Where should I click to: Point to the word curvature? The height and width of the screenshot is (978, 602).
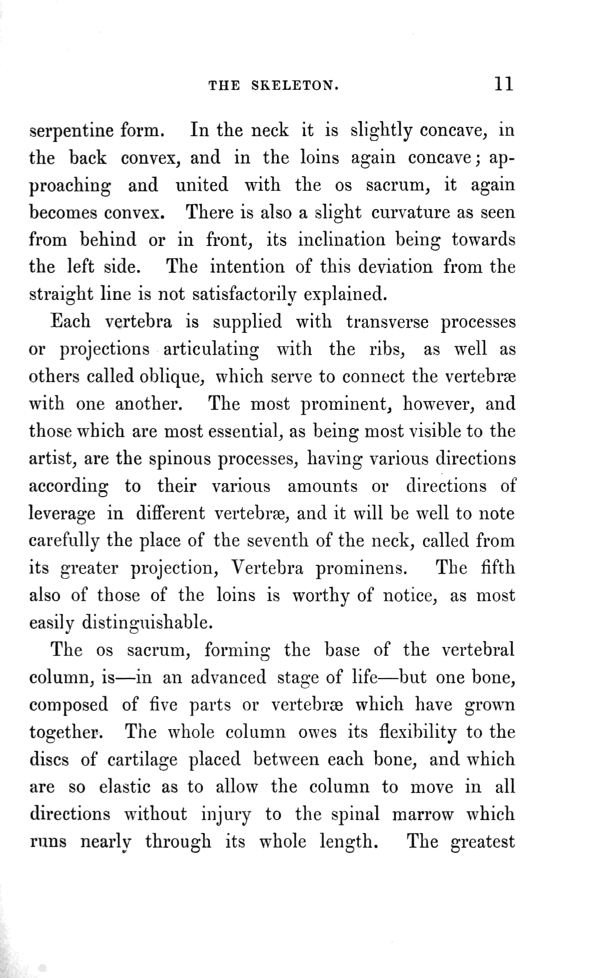click(x=411, y=212)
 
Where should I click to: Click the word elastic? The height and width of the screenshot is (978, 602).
click(x=126, y=787)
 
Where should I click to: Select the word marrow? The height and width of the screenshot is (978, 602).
click(x=422, y=814)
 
